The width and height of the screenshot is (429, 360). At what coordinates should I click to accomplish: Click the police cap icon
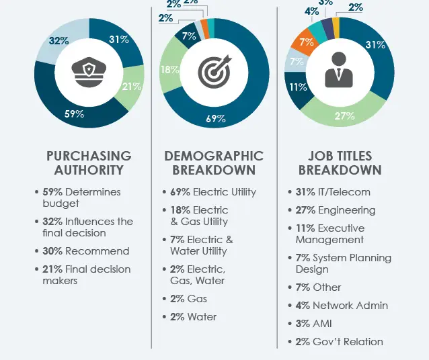point(89,72)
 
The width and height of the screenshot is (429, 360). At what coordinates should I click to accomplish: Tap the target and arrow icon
point(214,71)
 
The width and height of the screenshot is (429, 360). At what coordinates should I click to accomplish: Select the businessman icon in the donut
point(339,70)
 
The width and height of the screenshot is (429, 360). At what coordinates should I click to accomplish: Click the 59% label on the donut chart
point(74,114)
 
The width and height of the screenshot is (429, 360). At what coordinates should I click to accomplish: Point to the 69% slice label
point(216,119)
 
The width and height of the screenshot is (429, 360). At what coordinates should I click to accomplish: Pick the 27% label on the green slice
point(344,116)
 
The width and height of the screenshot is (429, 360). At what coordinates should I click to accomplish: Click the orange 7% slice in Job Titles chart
point(305,43)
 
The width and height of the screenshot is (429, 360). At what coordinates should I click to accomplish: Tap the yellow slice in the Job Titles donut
point(336,28)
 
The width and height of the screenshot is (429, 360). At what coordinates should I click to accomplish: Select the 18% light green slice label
point(169,70)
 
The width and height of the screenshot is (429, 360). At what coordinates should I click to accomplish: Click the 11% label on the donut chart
point(298,87)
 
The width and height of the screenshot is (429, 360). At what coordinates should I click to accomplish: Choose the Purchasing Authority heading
point(89,163)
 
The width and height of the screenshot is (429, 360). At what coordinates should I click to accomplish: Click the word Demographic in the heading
point(214,156)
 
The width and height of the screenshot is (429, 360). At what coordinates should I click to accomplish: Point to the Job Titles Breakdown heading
point(340,163)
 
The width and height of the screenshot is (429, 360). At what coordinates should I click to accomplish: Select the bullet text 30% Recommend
point(86,251)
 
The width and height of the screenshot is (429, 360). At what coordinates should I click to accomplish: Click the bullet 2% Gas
point(188,299)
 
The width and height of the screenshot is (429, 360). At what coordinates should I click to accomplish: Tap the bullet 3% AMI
point(313,324)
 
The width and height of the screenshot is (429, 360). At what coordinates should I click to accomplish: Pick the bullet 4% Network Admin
point(342,306)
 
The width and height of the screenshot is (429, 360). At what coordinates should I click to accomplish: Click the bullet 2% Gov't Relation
point(340,342)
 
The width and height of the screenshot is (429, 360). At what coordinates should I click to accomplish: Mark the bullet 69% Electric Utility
point(213,192)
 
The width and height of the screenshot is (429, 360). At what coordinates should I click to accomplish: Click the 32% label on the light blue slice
point(58,41)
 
